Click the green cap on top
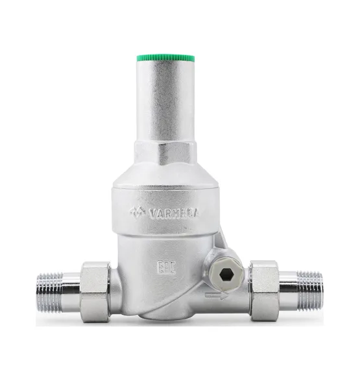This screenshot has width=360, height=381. pyautogui.click(x=165, y=58)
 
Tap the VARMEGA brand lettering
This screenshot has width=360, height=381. pyautogui.click(x=174, y=214)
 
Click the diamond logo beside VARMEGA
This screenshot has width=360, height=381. pyautogui.click(x=138, y=212)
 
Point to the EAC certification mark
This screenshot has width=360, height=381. pyautogui.click(x=167, y=267)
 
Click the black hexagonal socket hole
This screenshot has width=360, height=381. pyautogui.click(x=226, y=275)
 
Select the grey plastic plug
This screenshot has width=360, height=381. pyautogui.click(x=226, y=275)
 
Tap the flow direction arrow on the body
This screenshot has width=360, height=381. pyautogui.click(x=217, y=296)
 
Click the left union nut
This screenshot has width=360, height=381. pyautogui.click(x=95, y=292)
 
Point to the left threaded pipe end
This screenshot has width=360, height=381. pyautogui.click(x=50, y=292)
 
